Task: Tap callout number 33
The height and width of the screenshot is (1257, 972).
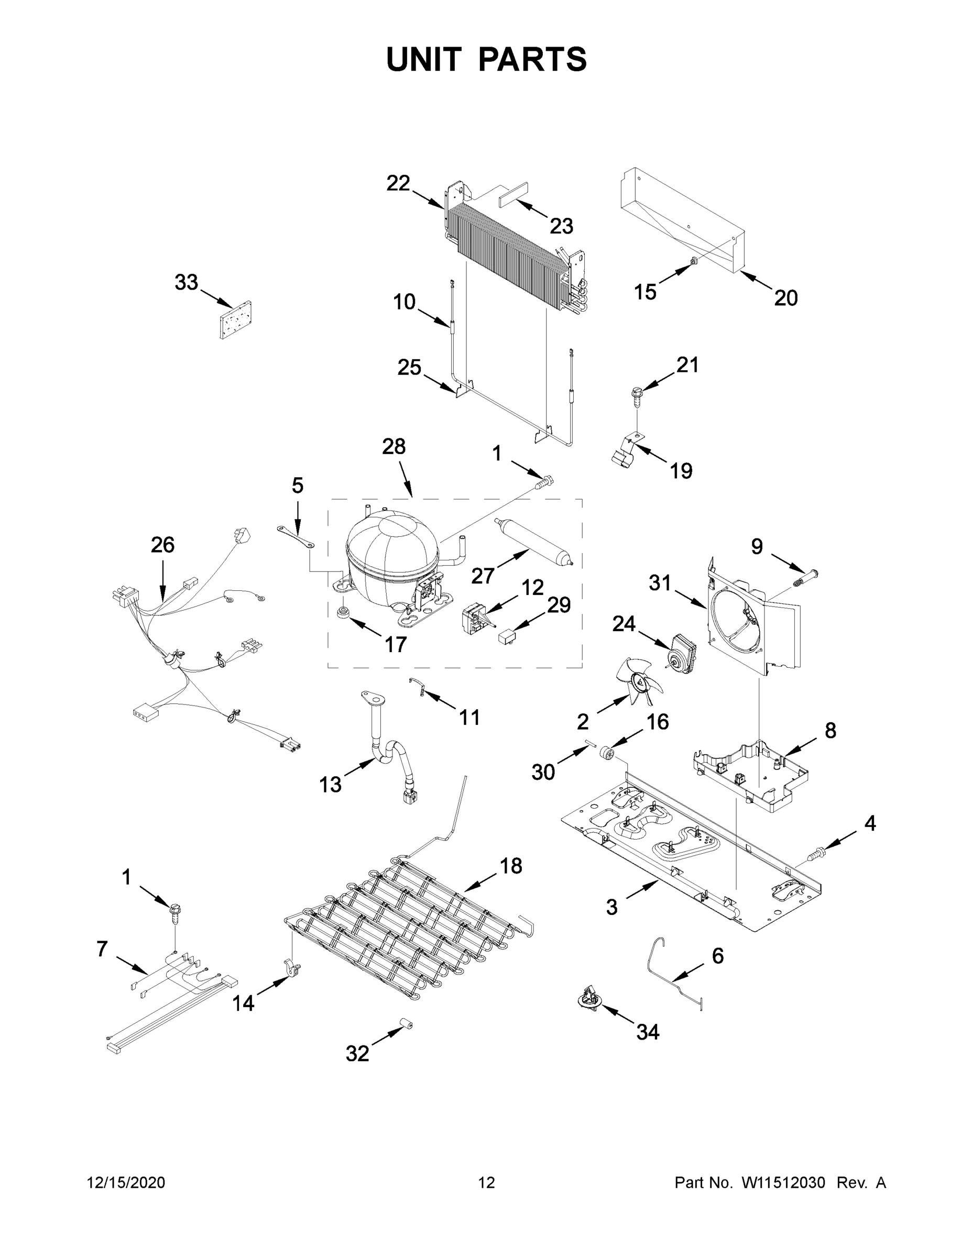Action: pyautogui.click(x=186, y=283)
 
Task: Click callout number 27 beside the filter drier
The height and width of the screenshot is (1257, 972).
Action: pyautogui.click(x=483, y=575)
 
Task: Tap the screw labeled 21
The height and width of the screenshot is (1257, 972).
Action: pyautogui.click(x=637, y=395)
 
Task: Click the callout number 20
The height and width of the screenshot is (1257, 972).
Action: pyautogui.click(x=785, y=298)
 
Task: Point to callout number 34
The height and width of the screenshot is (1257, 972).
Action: pyautogui.click(x=647, y=1032)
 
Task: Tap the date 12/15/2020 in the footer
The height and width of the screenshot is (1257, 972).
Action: pyautogui.click(x=126, y=1182)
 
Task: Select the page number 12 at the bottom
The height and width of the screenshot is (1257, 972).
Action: pyautogui.click(x=487, y=1182)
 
